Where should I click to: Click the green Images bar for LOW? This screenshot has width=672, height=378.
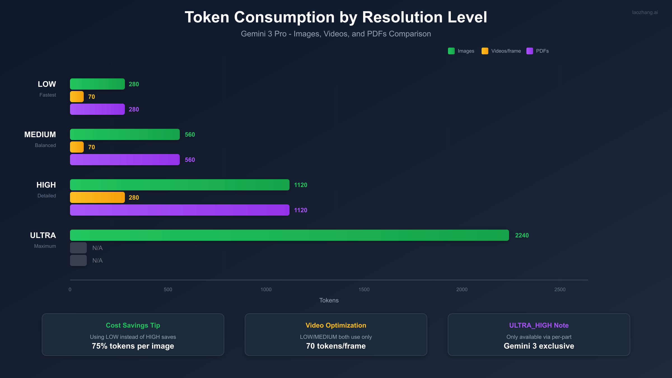pos(97,84)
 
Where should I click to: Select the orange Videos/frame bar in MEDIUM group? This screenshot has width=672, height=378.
pos(77,147)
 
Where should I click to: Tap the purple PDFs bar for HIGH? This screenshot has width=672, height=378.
pos(179,210)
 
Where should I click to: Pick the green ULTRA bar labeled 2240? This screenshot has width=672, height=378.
pos(289,235)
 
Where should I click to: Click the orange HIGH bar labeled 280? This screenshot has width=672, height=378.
pos(97,197)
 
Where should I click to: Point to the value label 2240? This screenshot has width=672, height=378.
pos(522,235)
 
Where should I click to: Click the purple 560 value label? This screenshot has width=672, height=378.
pos(190,160)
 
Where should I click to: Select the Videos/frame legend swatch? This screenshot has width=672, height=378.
pos(485,51)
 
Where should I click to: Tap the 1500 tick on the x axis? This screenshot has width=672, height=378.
pos(364,290)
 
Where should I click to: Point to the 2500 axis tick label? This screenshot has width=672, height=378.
pos(560,290)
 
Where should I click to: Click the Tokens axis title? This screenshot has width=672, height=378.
pos(329,300)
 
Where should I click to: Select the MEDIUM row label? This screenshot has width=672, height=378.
pos(40,135)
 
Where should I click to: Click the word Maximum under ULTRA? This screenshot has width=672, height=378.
pos(45,246)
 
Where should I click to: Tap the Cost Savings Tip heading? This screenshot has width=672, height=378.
pos(133,325)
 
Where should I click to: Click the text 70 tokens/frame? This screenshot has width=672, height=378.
pos(336,346)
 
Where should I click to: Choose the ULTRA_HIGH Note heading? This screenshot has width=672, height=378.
pos(539,325)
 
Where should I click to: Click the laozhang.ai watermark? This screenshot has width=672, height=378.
pos(645,12)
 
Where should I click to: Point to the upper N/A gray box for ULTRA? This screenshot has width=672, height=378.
pos(78,248)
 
